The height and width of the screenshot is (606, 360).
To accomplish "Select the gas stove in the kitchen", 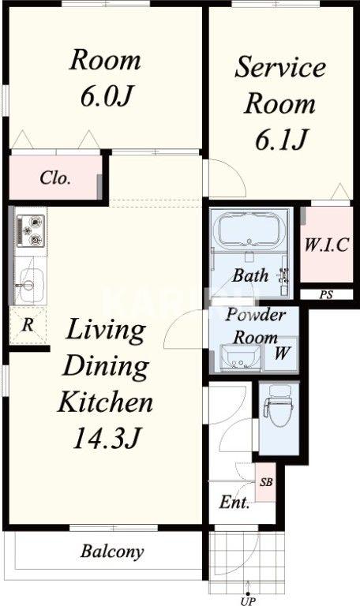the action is point(31,231).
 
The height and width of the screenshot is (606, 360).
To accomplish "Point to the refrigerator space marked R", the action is point(28,325).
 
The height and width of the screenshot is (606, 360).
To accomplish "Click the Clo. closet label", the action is point(55,178).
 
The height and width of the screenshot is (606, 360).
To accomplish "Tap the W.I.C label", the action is point(326,245).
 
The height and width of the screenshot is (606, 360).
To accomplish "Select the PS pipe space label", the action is point(326,295).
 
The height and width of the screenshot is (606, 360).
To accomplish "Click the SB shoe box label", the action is point(265,482).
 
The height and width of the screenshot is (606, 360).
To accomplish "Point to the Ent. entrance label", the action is point(234,502).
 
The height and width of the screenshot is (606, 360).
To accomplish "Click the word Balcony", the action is point(112,552).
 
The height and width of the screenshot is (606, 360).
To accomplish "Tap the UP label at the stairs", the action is point(248,601).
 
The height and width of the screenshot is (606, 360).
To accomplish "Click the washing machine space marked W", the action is point(282,354).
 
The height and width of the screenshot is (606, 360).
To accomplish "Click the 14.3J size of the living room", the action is point(105,438).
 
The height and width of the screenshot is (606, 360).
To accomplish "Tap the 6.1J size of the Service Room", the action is point(281,140).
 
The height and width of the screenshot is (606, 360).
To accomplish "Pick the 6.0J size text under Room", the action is point(107,95).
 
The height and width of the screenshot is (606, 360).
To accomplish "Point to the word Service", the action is point(280,67).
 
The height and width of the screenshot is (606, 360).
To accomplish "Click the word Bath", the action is point(250,275).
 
